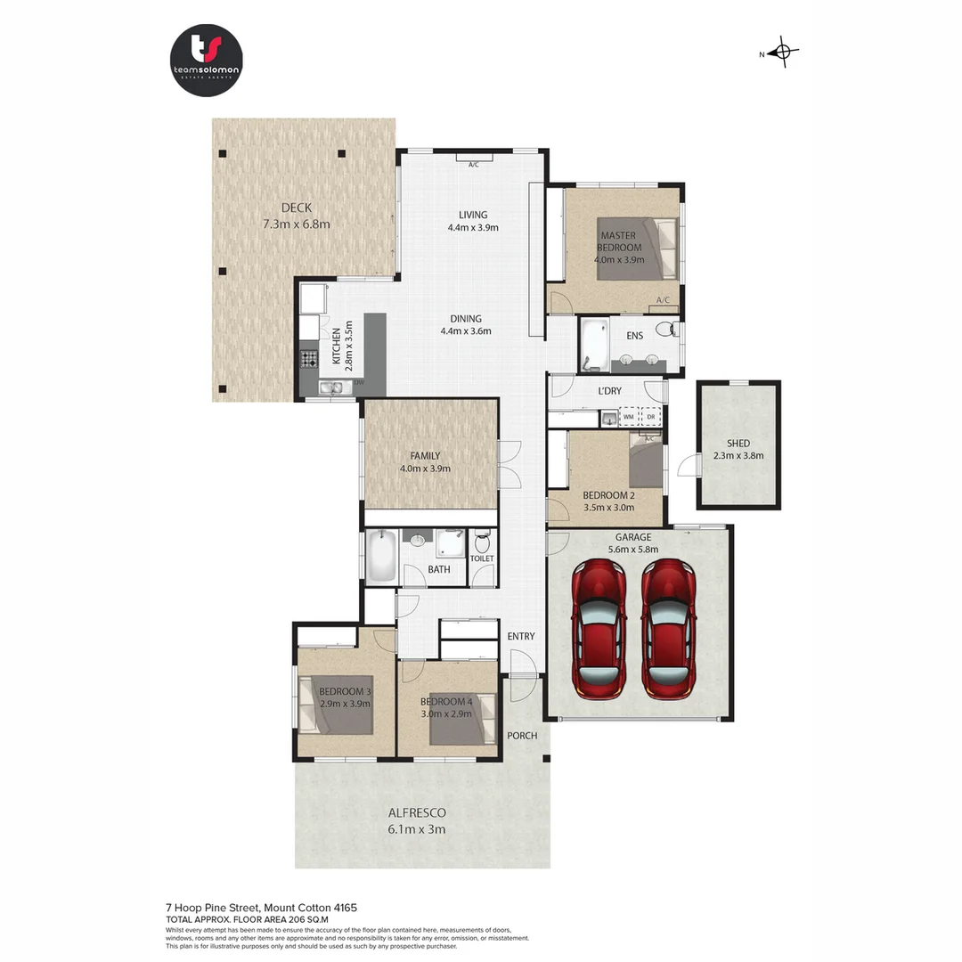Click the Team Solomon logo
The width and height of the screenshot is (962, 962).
pyautogui.click(x=206, y=60)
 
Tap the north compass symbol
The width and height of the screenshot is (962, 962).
pyautogui.click(x=783, y=53)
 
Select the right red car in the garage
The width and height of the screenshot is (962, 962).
pyautogui.click(x=669, y=629)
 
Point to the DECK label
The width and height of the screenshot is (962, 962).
pyautogui.click(x=296, y=208)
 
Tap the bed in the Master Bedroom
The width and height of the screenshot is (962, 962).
pyautogui.click(x=636, y=249)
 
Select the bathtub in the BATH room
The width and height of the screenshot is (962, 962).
pyautogui.click(x=380, y=558)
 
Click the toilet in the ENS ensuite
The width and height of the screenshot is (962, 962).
pyautogui.click(x=665, y=330)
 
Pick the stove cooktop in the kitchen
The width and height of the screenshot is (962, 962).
pyautogui.click(x=308, y=360)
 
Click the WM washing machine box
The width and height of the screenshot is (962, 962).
pyautogui.click(x=629, y=416)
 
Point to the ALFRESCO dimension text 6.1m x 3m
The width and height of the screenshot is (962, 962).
pyautogui.click(x=416, y=829)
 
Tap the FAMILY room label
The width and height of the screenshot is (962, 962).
pyautogui.click(x=425, y=456)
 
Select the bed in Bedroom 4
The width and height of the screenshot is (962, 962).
pyautogui.click(x=462, y=719)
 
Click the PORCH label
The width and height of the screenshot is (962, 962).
pyautogui.click(x=522, y=736)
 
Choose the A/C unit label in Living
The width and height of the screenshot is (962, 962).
pyautogui.click(x=474, y=164)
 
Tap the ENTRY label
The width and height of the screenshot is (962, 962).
pyautogui.click(x=521, y=636)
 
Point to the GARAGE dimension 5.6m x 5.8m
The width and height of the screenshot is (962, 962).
pyautogui.click(x=637, y=550)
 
